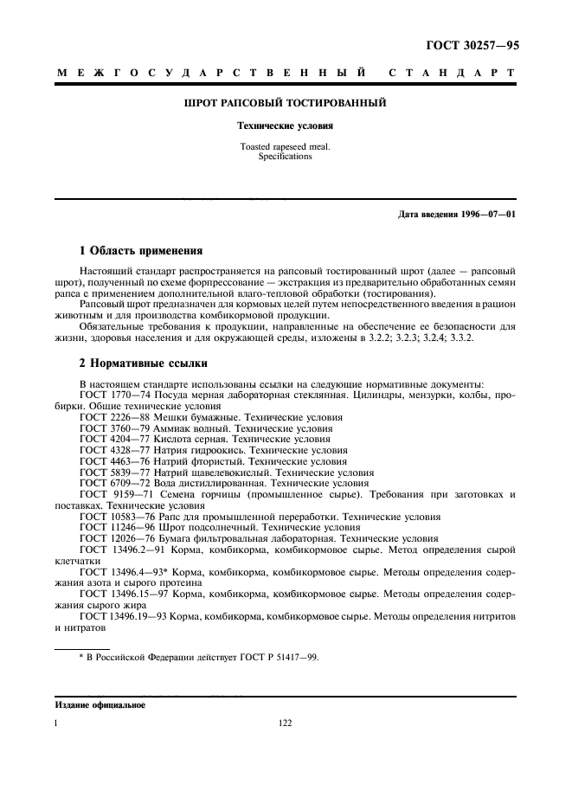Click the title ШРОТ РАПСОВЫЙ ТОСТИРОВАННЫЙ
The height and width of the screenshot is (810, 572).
click(286, 104)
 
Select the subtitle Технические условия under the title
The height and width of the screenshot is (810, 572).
click(286, 125)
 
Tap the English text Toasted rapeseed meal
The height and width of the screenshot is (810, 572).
click(286, 147)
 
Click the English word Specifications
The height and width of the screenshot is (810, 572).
click(286, 157)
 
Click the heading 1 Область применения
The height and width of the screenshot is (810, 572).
click(141, 251)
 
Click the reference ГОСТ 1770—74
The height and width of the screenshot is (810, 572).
click(115, 395)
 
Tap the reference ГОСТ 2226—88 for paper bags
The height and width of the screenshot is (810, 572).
click(115, 417)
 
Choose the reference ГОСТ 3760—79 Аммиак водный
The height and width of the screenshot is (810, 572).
click(115, 428)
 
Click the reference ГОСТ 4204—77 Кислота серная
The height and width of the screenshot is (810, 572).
click(115, 440)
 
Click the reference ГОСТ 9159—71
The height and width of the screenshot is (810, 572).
click(115, 495)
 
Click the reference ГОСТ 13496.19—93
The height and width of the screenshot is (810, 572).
click(123, 616)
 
